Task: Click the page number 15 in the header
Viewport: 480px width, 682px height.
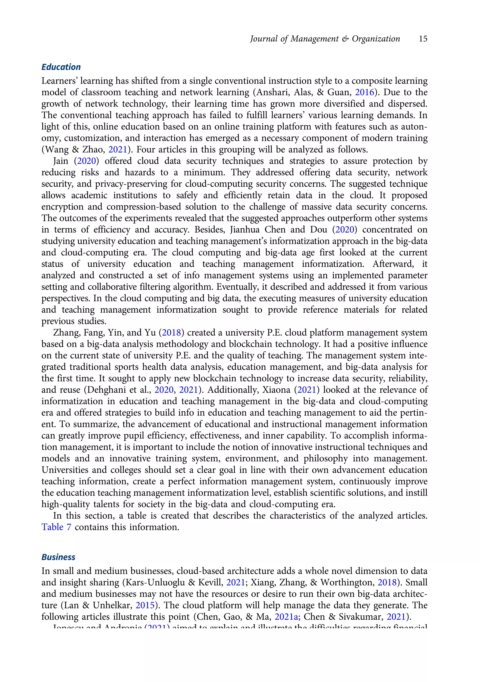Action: coord(423,39)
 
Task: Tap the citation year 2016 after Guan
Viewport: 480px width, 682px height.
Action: coord(364,92)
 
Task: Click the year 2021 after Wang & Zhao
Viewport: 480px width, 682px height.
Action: coord(118,149)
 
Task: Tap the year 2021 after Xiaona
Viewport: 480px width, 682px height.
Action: coord(307,390)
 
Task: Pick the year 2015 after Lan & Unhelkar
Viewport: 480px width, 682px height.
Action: coord(145,605)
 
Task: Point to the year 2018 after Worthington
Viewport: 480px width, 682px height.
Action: coord(387,583)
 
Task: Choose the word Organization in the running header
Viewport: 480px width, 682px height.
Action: coord(376,39)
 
